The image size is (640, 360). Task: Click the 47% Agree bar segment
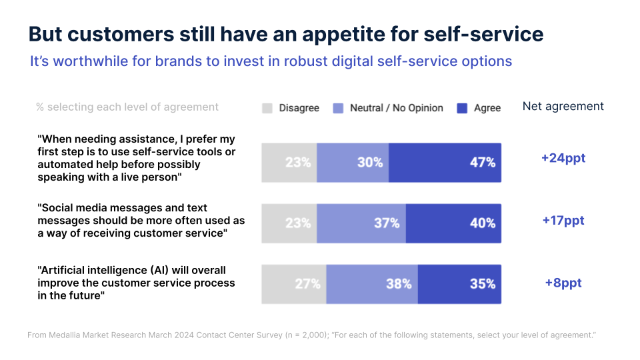445,162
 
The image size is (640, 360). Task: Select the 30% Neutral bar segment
353,162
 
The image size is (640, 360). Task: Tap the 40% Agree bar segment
453,223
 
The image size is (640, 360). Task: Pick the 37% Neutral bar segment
361,223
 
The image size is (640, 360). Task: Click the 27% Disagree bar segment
294,284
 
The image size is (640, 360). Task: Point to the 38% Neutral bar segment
372,284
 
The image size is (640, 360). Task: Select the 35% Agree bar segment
459,284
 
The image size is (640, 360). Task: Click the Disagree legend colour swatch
267,108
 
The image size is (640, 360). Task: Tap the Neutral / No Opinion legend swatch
338,108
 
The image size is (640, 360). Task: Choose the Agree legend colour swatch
461,108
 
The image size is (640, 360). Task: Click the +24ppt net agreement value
563,159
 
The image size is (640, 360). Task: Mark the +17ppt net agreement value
563,221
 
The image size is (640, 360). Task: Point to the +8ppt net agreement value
563,283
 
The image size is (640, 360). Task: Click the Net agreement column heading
563,107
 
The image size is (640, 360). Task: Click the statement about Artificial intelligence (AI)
137,283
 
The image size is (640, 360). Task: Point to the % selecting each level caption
127,107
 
